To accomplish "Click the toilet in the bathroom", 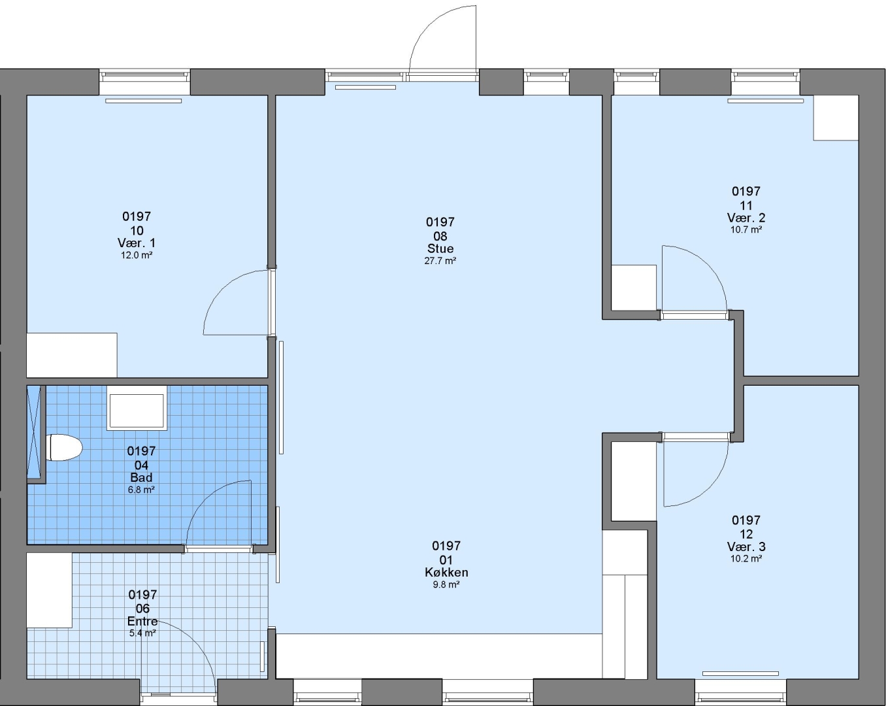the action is pos(64,447).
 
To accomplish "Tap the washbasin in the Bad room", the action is pos(137,408).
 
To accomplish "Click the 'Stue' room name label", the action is pos(440,248).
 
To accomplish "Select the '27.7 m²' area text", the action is pos(440,261).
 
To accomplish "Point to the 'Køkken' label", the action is pos(446,572).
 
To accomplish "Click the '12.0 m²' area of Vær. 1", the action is pos(137,255).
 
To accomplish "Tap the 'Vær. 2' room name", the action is pos(746,218).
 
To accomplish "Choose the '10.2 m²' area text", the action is pos(746,558).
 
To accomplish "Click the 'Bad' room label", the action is pos(141,477).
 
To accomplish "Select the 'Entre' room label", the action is pos(142,621).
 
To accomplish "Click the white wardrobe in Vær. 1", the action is pos(72,355).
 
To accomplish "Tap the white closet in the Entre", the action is pos(50,590).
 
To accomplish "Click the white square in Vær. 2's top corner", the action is pos(836,118).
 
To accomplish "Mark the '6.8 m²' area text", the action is pos(141,490).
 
